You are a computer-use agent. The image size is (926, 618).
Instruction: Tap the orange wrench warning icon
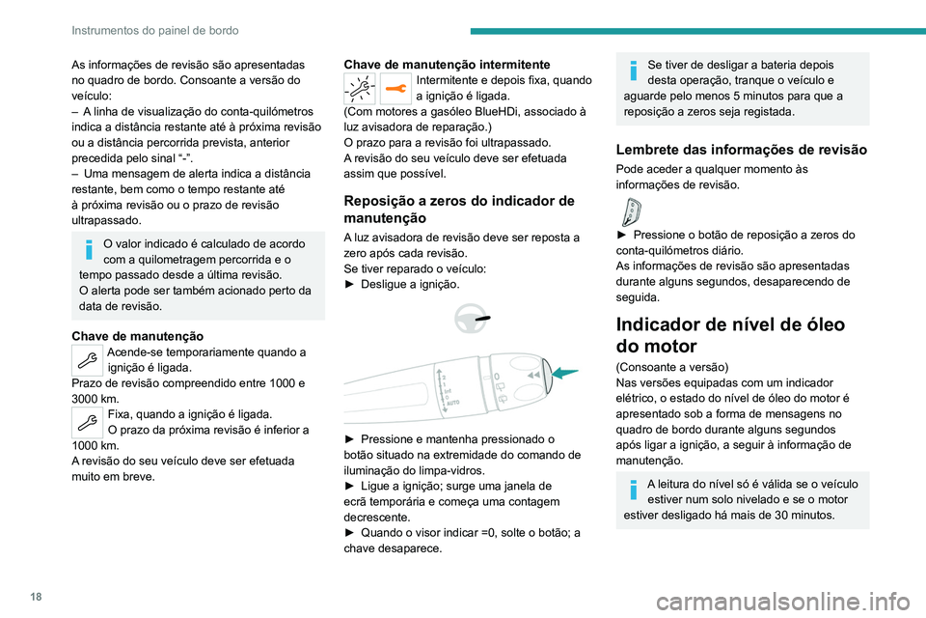tap(396, 88)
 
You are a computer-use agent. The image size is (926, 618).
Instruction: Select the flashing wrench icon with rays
tap(361, 88)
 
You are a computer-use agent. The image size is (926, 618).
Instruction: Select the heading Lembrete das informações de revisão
tap(741, 149)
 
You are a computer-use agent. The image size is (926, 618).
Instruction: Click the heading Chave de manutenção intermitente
tap(447, 64)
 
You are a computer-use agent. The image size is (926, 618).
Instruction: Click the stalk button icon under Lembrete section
tap(633, 211)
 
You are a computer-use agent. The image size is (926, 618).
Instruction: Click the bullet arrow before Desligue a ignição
tap(349, 285)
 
